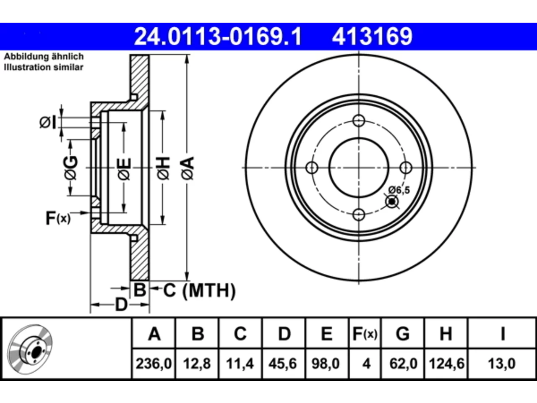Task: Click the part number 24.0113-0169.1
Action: coord(218,37)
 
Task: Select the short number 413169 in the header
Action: coord(372,37)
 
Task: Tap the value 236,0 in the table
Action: coord(154,364)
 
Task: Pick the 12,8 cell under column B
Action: coord(197,364)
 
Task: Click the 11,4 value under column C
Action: coord(240,364)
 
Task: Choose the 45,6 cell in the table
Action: coord(283,364)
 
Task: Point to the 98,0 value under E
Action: coord(326,364)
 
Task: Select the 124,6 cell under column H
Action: coord(446,364)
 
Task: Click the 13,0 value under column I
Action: coord(502,364)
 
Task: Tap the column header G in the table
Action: coord(403,334)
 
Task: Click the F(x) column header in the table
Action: coord(365,334)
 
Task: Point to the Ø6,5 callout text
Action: coord(399,190)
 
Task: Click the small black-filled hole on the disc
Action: coord(392,202)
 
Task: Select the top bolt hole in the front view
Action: coord(359,120)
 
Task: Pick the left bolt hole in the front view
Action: coord(312,168)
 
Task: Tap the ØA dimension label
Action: coord(188,168)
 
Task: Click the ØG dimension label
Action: coord(71,168)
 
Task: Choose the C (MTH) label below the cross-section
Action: coord(199,290)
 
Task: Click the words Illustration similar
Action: coord(44,67)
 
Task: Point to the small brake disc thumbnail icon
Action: coord(30,349)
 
